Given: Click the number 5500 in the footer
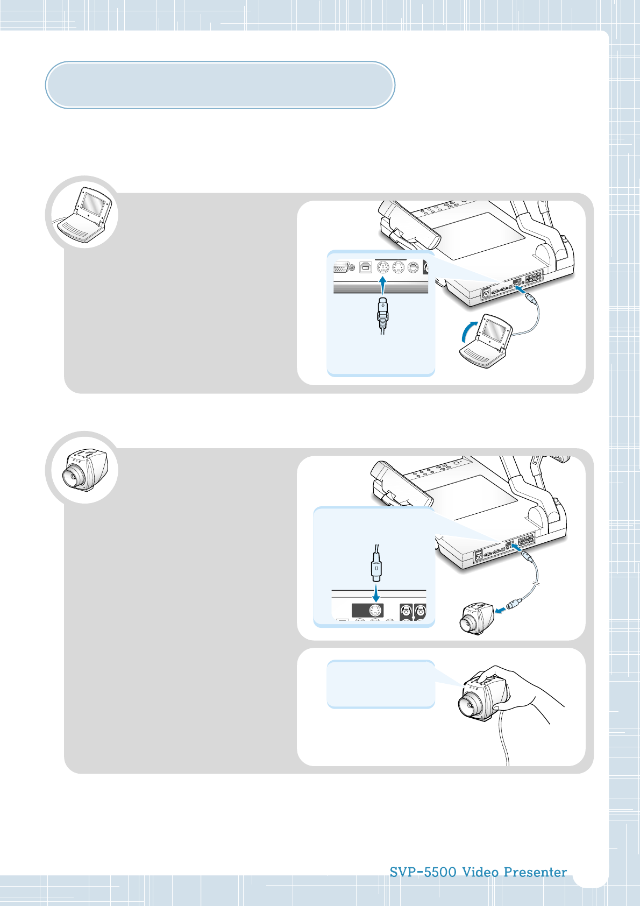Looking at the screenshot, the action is tap(440, 872).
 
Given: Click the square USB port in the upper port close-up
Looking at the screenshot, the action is tap(366, 267).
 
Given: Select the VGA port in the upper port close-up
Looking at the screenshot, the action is tap(342, 267).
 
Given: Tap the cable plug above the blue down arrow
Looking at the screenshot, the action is tap(376, 568).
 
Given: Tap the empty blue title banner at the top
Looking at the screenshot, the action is tap(220, 85).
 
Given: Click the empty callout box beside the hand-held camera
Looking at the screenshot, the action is tap(380, 684).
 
